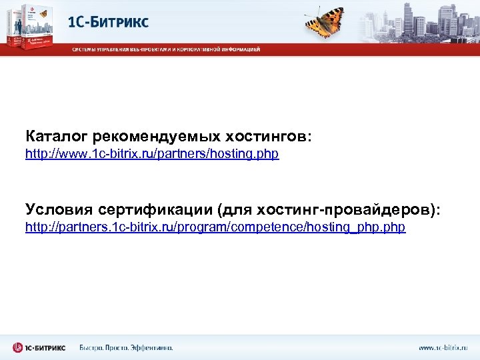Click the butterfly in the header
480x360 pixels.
click(x=325, y=22)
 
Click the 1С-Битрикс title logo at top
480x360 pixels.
click(x=109, y=22)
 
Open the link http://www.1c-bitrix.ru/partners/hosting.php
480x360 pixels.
click(x=152, y=154)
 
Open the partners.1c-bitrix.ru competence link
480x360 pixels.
click(x=215, y=227)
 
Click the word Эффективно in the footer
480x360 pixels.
click(x=153, y=347)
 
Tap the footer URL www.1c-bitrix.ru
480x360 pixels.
click(x=443, y=347)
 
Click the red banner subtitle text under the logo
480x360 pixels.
click(x=167, y=49)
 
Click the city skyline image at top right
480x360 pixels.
click(x=427, y=20)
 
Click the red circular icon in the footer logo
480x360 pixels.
click(x=17, y=347)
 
